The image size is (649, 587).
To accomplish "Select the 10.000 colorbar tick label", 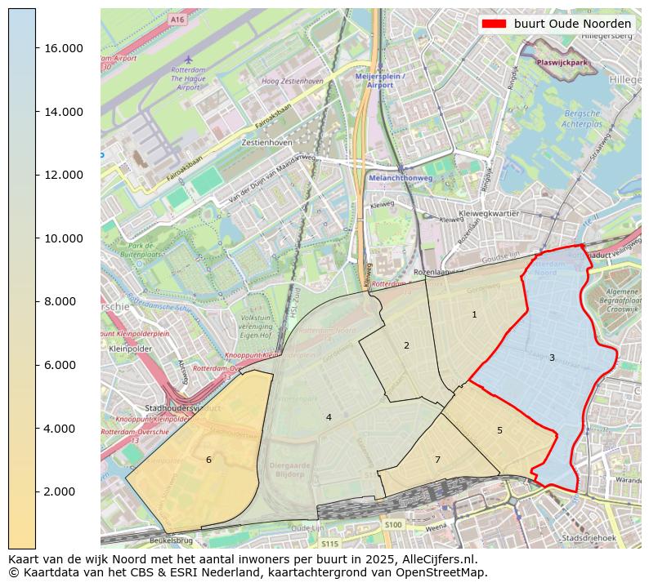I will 62,238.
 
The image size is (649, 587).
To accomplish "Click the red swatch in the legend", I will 494,24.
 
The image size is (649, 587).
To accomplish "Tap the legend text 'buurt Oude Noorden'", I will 572,24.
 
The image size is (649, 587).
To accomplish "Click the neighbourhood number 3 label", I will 552,358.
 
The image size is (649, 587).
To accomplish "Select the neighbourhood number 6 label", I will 208,460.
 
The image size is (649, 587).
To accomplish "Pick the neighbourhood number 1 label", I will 474,314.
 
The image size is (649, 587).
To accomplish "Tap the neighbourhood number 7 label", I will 437,460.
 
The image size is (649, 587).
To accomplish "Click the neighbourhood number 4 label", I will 329,417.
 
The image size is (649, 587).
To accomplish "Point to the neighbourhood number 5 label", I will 499,430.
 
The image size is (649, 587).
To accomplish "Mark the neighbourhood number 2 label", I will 406,345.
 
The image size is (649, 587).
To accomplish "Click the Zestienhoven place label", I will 266,142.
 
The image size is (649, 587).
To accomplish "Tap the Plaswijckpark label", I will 562,62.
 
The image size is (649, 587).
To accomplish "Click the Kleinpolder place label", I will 131,348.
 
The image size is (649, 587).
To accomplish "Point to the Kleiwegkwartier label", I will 490,213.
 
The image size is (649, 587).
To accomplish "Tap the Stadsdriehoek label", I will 588,538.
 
